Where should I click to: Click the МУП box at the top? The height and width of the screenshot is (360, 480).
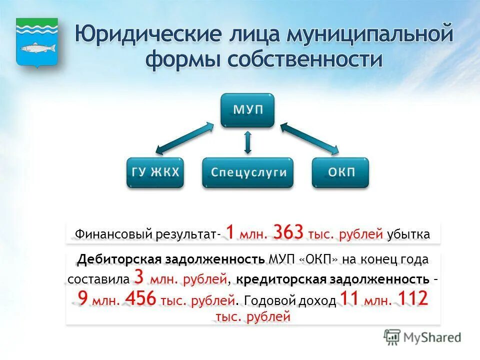coord(247,109)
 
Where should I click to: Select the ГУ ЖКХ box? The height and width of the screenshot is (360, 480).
coord(155,172)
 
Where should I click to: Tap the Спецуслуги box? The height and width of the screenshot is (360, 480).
coord(248,172)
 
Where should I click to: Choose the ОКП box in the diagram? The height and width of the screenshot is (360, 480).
coord(341,172)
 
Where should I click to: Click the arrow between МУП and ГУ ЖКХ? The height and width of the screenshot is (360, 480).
coord(183,135)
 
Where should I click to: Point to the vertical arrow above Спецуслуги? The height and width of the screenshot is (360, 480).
coord(247,142)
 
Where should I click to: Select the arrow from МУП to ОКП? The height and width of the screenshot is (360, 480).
coord(309,136)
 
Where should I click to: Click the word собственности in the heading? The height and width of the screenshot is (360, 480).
coord(305,59)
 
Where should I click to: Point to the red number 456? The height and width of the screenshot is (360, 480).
coord(142,299)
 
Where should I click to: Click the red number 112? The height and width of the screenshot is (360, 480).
coord(412,299)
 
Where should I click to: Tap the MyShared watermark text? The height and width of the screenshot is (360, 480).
coord(432,337)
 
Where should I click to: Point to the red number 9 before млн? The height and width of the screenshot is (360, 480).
coord(83,299)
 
